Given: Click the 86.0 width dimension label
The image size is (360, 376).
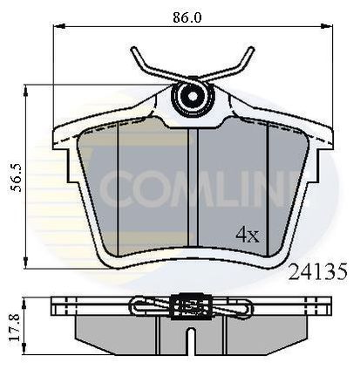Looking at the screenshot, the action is tap(187, 17).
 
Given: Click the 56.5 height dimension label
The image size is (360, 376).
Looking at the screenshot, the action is tap(17, 178).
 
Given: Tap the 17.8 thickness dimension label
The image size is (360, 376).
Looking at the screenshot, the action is tap(14, 326).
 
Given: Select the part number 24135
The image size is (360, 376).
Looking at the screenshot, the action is tap(317, 271).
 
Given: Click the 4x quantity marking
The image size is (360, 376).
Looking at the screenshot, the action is tap(247, 235).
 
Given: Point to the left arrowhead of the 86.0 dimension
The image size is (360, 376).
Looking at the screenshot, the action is tap(59, 26).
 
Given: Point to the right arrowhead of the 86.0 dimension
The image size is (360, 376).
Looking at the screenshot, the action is tap(327, 26).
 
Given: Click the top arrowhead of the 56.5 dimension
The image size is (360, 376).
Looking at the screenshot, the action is tap(26, 91).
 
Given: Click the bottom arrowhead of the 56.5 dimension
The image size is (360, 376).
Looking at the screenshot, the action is tap(26, 263).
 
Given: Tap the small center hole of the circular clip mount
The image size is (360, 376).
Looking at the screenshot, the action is tap(192, 96).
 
